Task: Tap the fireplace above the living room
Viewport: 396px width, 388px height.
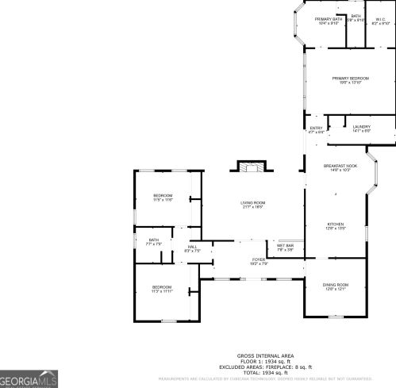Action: [252, 167]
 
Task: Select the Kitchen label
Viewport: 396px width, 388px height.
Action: [337, 226]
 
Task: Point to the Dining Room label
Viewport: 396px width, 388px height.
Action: [335, 286]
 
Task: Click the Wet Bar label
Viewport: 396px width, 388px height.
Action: [286, 247]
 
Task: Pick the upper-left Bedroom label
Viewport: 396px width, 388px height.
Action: [163, 197]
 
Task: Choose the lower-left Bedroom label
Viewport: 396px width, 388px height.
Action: [162, 289]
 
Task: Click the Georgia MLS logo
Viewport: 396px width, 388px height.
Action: [29, 380]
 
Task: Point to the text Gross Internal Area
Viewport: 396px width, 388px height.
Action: [265, 355]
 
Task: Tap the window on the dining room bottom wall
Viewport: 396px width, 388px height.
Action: [335, 317]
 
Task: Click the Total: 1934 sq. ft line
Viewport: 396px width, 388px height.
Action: [265, 372]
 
